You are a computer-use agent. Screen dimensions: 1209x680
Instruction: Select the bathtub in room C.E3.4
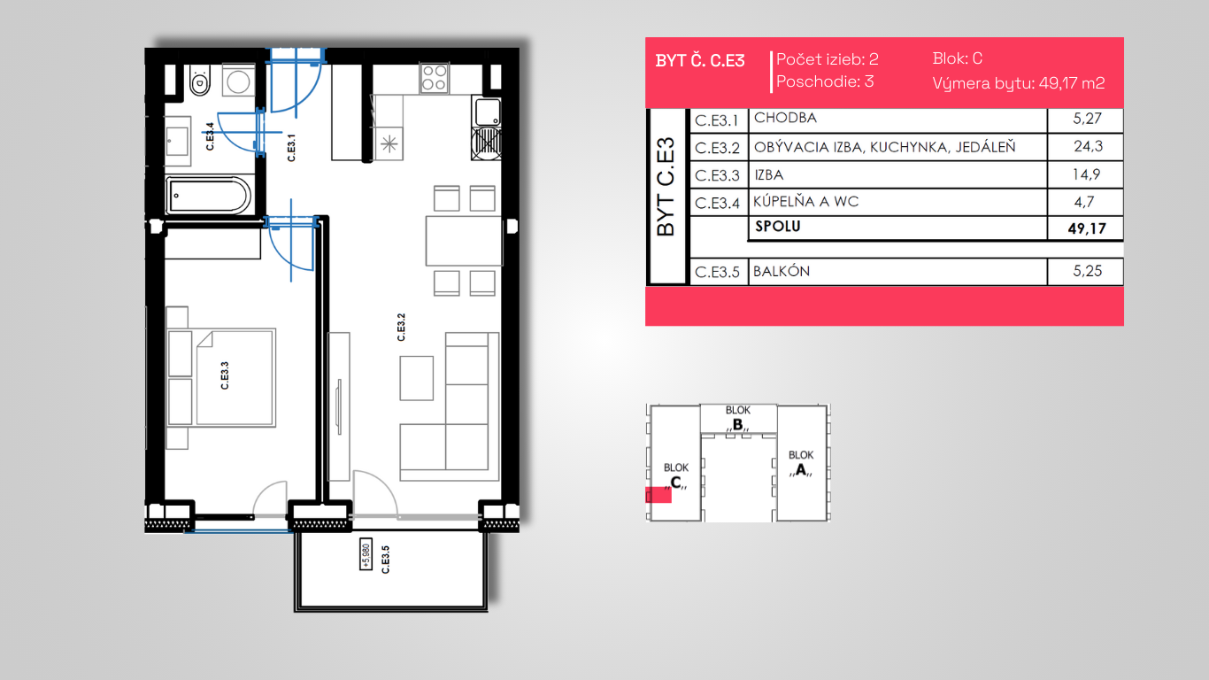(x=208, y=196)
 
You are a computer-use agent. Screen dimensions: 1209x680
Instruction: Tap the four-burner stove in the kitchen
(x=435, y=78)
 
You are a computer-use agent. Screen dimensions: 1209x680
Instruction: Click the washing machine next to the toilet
(x=238, y=81)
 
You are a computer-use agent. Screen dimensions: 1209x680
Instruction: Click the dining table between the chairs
(x=464, y=241)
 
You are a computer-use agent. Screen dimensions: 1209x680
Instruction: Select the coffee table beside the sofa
(x=416, y=378)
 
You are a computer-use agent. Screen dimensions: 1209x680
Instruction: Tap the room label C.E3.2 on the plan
(x=401, y=328)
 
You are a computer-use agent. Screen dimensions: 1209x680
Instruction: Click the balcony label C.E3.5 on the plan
(x=385, y=560)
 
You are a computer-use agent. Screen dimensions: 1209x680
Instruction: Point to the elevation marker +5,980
(x=366, y=554)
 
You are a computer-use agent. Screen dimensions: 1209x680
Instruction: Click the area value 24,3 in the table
(x=1088, y=146)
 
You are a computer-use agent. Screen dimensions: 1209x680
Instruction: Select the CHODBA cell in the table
(x=785, y=118)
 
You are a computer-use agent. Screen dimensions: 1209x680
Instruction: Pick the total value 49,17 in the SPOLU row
(x=1087, y=228)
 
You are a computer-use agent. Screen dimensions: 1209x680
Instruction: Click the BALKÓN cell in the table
(x=782, y=271)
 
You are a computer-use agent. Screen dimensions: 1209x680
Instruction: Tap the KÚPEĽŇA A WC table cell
(x=805, y=202)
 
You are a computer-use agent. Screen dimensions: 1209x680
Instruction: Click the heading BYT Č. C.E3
(x=700, y=60)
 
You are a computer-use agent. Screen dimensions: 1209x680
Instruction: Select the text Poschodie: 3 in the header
(x=825, y=81)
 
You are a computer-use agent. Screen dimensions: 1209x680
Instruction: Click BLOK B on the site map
(x=738, y=418)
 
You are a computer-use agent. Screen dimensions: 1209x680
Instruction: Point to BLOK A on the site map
(x=801, y=463)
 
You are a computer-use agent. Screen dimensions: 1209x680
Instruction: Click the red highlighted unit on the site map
(x=658, y=495)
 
